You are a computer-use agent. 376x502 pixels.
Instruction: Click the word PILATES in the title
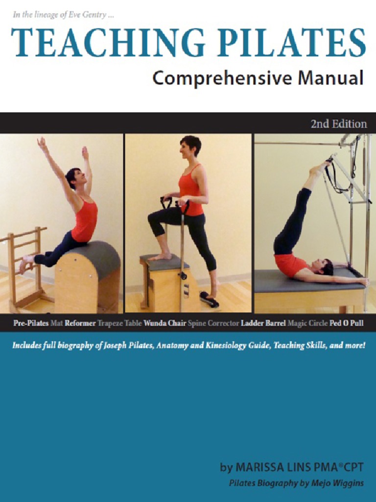click(x=280, y=43)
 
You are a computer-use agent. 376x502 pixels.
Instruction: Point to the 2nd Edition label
click(x=338, y=124)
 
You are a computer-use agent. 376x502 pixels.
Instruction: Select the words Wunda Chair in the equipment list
click(x=164, y=324)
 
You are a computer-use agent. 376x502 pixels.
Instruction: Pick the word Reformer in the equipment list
click(x=80, y=324)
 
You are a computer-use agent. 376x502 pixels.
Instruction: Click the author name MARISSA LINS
click(x=275, y=467)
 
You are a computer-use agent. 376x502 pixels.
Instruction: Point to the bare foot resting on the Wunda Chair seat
click(x=160, y=256)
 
